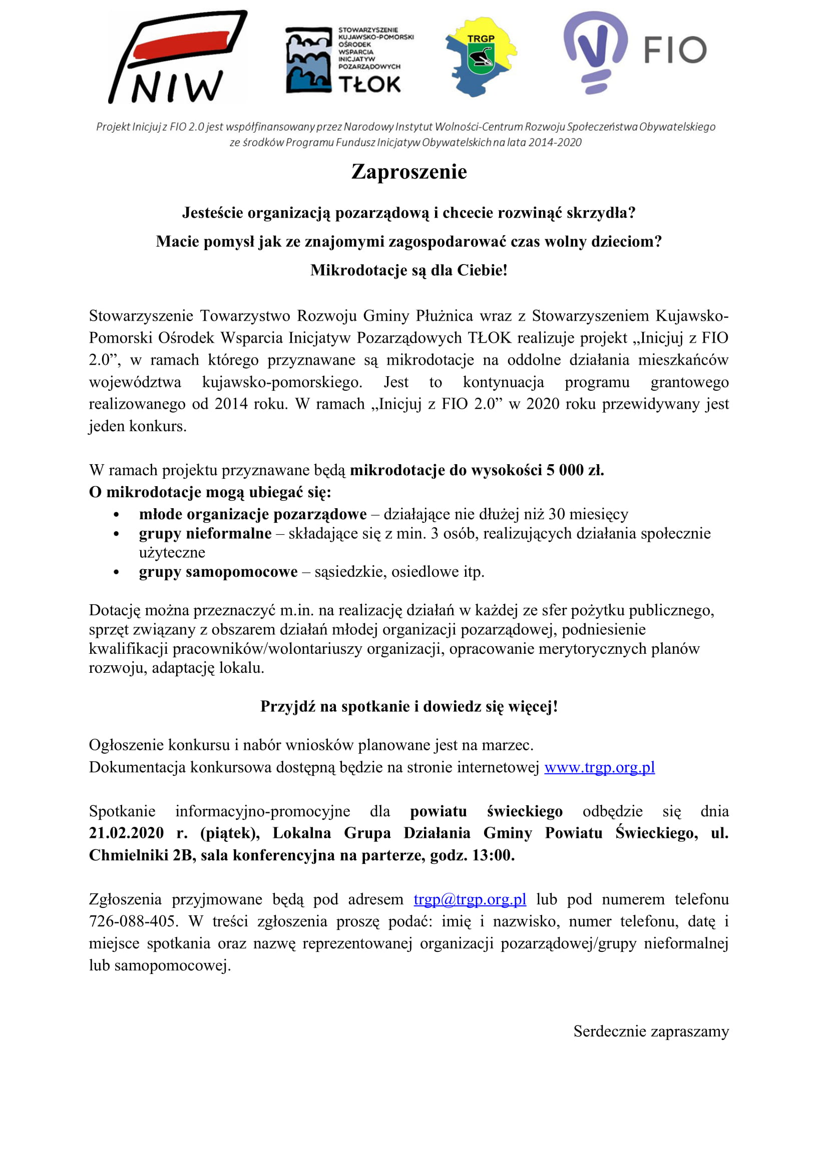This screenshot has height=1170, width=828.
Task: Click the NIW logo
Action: point(176,57)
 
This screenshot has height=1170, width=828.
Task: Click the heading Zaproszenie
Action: point(409,172)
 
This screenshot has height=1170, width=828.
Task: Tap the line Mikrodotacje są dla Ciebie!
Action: point(409,270)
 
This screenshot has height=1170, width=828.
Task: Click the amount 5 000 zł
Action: point(575,470)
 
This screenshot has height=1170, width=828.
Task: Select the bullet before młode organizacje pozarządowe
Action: point(117,515)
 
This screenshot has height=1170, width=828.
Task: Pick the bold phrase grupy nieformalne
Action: point(205,534)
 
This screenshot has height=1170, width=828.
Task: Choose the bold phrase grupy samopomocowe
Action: point(218,572)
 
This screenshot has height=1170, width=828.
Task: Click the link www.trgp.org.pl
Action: point(599,767)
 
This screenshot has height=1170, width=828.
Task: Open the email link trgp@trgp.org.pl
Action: point(470,899)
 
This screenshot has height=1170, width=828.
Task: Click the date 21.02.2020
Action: point(126,833)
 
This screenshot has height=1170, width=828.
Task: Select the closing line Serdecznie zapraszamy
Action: point(651,1031)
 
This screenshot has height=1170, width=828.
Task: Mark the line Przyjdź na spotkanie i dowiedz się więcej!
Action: point(409,706)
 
